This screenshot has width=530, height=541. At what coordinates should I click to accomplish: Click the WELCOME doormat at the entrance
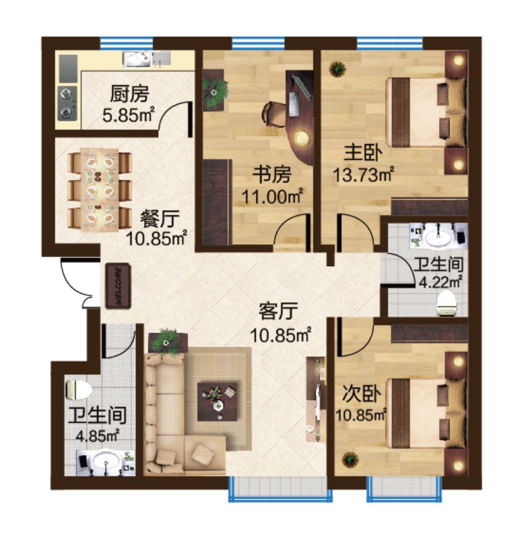(x=118, y=286)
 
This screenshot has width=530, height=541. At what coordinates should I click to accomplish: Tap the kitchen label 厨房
(x=130, y=94)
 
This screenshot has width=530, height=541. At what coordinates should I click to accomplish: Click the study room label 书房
(x=271, y=174)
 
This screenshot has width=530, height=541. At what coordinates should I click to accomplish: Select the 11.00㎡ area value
(x=272, y=197)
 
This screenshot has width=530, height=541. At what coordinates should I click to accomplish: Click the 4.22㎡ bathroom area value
(x=440, y=282)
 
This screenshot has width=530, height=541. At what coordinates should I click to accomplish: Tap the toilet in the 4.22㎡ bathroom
(x=447, y=303)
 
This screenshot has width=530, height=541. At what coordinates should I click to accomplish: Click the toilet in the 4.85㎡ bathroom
(x=78, y=390)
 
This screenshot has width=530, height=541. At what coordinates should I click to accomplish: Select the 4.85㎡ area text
(x=98, y=436)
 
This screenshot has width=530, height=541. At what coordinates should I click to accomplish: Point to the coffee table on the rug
(x=218, y=401)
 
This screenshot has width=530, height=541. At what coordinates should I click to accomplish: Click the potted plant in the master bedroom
(x=337, y=69)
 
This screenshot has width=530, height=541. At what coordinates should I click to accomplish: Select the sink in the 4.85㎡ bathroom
(x=105, y=462)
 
